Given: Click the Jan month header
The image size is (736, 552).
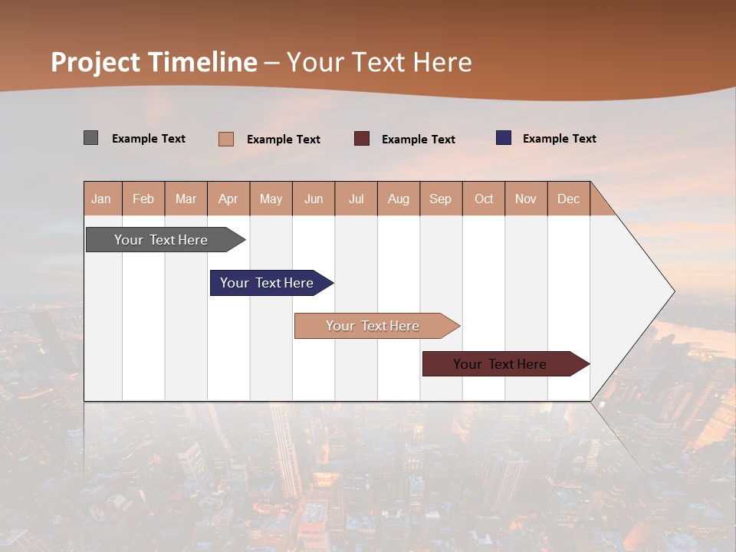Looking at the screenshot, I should tap(101, 199).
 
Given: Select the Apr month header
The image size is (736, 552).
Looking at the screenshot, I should tap(228, 199).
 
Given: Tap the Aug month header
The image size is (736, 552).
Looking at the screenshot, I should tap(399, 199).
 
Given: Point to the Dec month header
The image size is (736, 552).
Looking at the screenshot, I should tap(568, 199).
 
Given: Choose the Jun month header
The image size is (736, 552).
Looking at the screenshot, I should tap(314, 199).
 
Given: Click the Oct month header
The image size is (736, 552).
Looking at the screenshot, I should tap(484, 199).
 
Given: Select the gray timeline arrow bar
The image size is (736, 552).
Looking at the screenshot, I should tap(162, 240).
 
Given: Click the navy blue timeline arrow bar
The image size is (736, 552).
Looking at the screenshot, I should tap(268, 283).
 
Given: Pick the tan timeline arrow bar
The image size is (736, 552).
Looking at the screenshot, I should tap(373, 326).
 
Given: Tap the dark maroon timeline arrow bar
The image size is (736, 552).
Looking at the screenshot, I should tap(501, 364).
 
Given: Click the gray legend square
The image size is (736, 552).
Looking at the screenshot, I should tap(90, 138).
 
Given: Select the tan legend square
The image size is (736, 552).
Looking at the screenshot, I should tap(225, 139).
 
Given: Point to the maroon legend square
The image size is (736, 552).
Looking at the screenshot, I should tap(362, 138).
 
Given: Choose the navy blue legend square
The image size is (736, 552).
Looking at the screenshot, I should tap(504, 137).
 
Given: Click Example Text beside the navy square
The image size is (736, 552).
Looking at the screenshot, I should tap(559, 138).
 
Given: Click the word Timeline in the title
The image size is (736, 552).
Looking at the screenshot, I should tap(202, 61).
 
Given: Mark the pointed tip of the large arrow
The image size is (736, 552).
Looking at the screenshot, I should tap(672, 291).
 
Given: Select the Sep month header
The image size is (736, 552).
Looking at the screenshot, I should tap(440, 199).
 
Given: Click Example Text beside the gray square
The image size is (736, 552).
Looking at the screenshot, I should tap(149, 138).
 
